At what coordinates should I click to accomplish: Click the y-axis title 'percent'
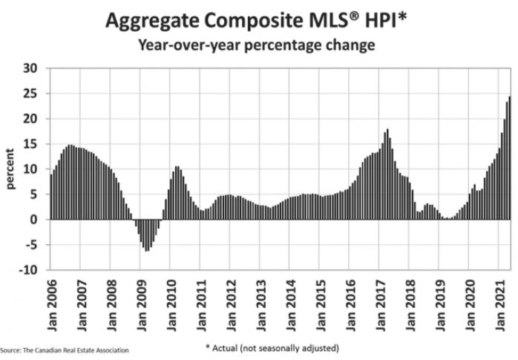point(11,168)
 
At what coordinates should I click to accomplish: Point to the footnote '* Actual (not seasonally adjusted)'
point(272,347)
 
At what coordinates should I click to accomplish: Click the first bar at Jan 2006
point(50,197)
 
